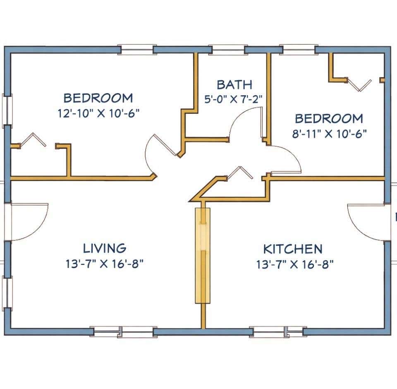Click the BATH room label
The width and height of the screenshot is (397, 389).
tap(234, 85)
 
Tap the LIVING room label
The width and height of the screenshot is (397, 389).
tap(105, 248)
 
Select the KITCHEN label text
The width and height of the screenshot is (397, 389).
tap(293, 249)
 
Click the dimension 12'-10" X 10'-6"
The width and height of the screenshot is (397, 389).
tap(99, 113)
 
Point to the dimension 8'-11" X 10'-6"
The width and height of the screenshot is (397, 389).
tap(330, 134)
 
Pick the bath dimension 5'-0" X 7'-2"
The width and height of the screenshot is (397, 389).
tap(233, 99)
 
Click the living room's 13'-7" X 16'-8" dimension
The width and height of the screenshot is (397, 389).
tap(105, 264)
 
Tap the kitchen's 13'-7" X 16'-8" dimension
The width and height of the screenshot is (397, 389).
tap(295, 264)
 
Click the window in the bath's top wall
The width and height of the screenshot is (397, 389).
tap(228, 50)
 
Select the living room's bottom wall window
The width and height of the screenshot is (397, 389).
tap(123, 331)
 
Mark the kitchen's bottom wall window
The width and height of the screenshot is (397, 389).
tap(278, 331)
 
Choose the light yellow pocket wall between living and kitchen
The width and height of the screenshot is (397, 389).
tap(203, 255)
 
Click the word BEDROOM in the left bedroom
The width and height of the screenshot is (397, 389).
tap(98, 98)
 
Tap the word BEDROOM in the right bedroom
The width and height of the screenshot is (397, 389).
tap(329, 119)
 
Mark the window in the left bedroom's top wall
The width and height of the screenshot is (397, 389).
tap(136, 50)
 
